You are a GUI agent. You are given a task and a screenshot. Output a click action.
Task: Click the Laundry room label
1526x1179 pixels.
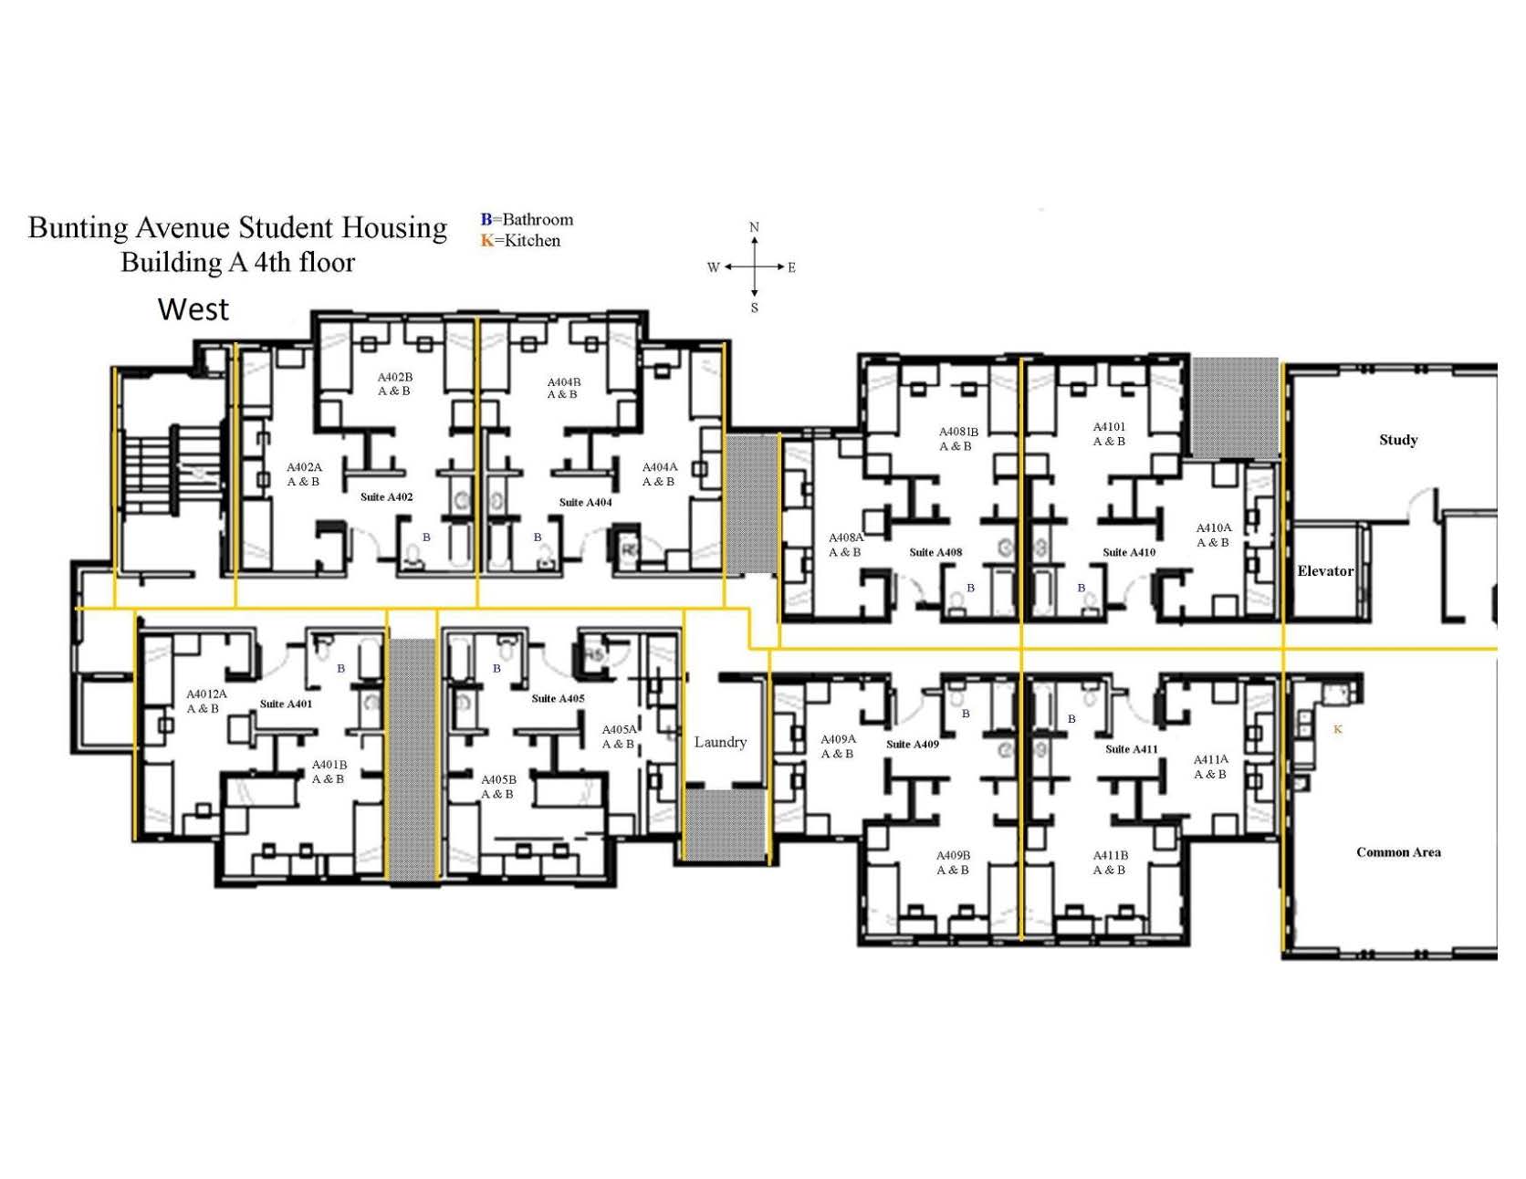[x=720, y=742]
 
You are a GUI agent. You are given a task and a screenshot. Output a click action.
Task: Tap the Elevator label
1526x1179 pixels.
[x=1325, y=571]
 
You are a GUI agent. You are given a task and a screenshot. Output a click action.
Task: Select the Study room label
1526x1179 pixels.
[x=1398, y=440]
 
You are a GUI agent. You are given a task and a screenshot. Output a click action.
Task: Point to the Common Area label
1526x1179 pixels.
[x=1398, y=852]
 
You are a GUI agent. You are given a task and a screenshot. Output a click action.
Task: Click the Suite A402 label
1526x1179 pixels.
[x=386, y=497]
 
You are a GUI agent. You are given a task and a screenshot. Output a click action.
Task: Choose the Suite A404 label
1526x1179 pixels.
[x=585, y=503]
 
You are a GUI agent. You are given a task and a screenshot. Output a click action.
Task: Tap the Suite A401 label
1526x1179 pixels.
[x=286, y=704]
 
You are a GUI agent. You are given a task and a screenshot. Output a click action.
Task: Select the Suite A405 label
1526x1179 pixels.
[x=558, y=699]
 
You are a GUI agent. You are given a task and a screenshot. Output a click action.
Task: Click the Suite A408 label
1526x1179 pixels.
[x=935, y=552]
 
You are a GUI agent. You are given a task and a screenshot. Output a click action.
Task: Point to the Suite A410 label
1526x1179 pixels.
[x=1129, y=552]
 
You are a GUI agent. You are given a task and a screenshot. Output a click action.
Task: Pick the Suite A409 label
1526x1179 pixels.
[x=913, y=745]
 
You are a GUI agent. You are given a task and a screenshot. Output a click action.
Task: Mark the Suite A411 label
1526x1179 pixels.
[x=1132, y=749]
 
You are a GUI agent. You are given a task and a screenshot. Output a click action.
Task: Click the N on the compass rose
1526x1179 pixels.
[x=754, y=227]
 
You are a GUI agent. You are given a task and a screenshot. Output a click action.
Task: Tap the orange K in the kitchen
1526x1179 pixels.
[x=1338, y=729]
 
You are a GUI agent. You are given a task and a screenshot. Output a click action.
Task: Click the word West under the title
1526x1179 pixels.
[x=193, y=309]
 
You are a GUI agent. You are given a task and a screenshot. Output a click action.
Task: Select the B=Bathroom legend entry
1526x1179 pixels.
[x=527, y=220]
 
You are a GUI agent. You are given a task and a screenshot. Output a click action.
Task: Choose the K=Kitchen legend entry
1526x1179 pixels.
[x=520, y=241]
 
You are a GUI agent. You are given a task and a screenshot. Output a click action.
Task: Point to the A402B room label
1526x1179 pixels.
[x=394, y=383]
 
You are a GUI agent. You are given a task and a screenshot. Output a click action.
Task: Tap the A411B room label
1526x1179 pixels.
[x=1110, y=862]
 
